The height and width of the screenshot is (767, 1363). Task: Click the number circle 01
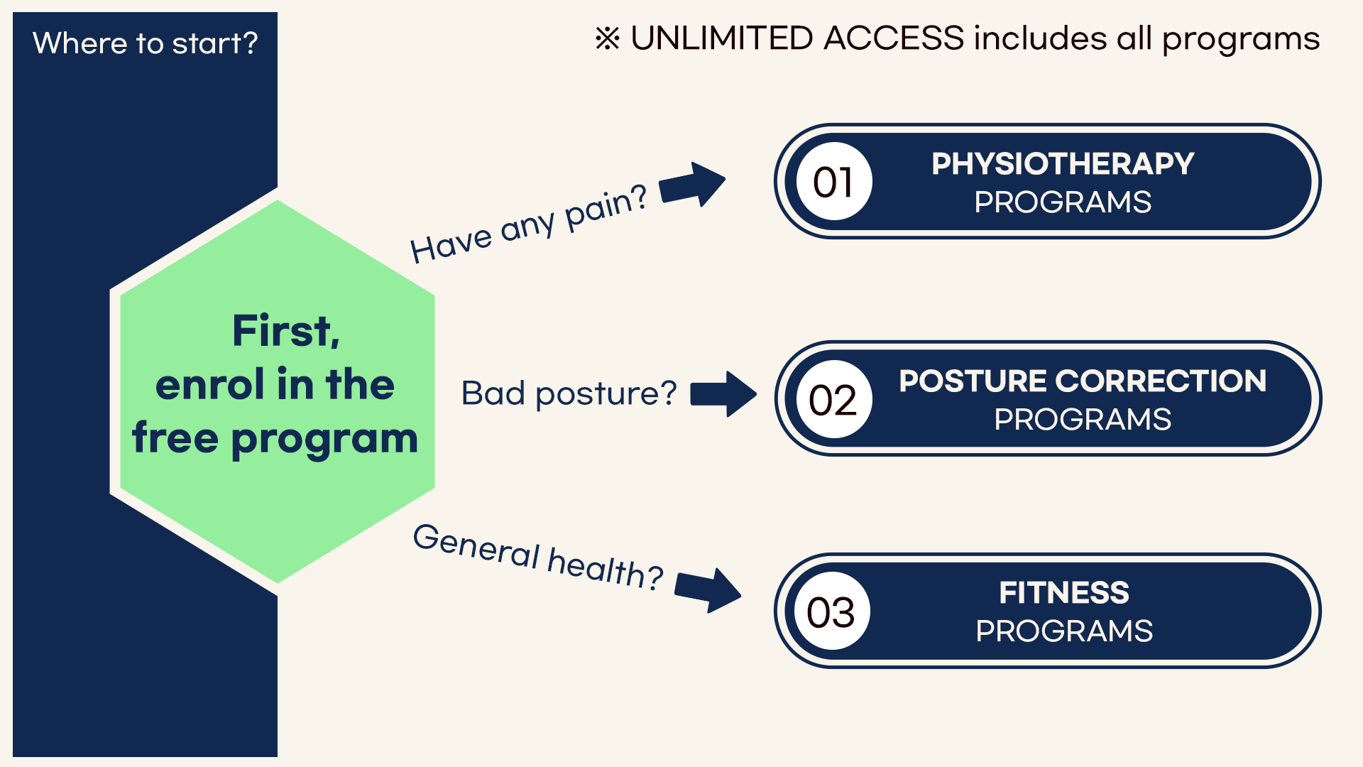[833, 182]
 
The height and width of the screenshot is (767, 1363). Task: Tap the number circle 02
[833, 399]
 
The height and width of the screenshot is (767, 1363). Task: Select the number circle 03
[832, 611]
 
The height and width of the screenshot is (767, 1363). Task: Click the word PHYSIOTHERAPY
[1063, 164]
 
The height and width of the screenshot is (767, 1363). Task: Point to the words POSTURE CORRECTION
[1083, 381]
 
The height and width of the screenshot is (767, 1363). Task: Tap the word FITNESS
[1064, 593]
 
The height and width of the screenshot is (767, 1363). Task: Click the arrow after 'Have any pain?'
[693, 184]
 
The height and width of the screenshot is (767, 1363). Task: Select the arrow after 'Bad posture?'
[723, 394]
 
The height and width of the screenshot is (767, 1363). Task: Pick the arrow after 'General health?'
[708, 589]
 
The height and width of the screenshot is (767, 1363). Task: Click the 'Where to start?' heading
[146, 43]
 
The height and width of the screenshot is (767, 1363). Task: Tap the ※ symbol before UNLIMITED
[608, 38]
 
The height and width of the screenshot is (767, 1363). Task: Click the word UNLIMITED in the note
[722, 38]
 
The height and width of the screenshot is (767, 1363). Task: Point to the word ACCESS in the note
[894, 38]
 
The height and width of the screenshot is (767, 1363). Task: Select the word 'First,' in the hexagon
[286, 331]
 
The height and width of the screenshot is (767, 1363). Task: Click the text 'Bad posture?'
[569, 393]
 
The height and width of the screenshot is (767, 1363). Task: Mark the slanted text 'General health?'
[538, 557]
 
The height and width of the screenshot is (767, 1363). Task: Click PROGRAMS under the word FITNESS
[1064, 631]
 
